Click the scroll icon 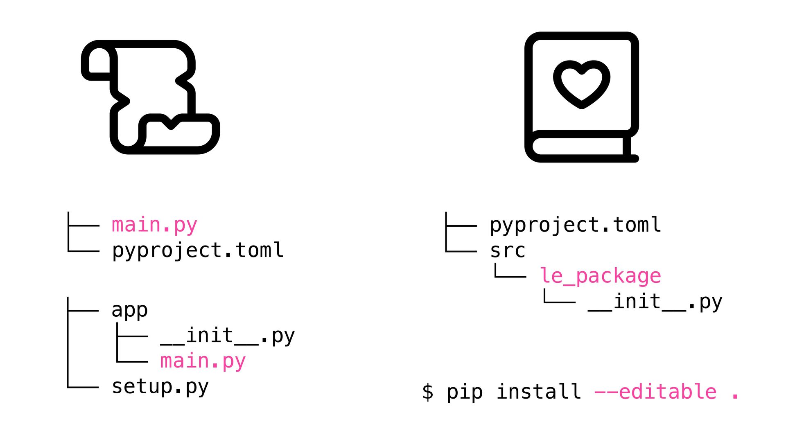tap(150, 97)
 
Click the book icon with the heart tap(581, 97)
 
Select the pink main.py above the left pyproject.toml tap(154, 225)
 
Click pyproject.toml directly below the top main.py tap(198, 250)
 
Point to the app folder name tap(129, 310)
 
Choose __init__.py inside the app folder tap(228, 336)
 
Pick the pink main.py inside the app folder tap(203, 361)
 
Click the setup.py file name tap(160, 387)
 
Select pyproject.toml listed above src tap(575, 225)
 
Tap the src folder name tap(508, 250)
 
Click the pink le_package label tap(600, 276)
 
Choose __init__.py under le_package tap(655, 302)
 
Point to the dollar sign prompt tap(428, 392)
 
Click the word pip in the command tap(465, 392)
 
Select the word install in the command tap(539, 392)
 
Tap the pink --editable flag tap(655, 392)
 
